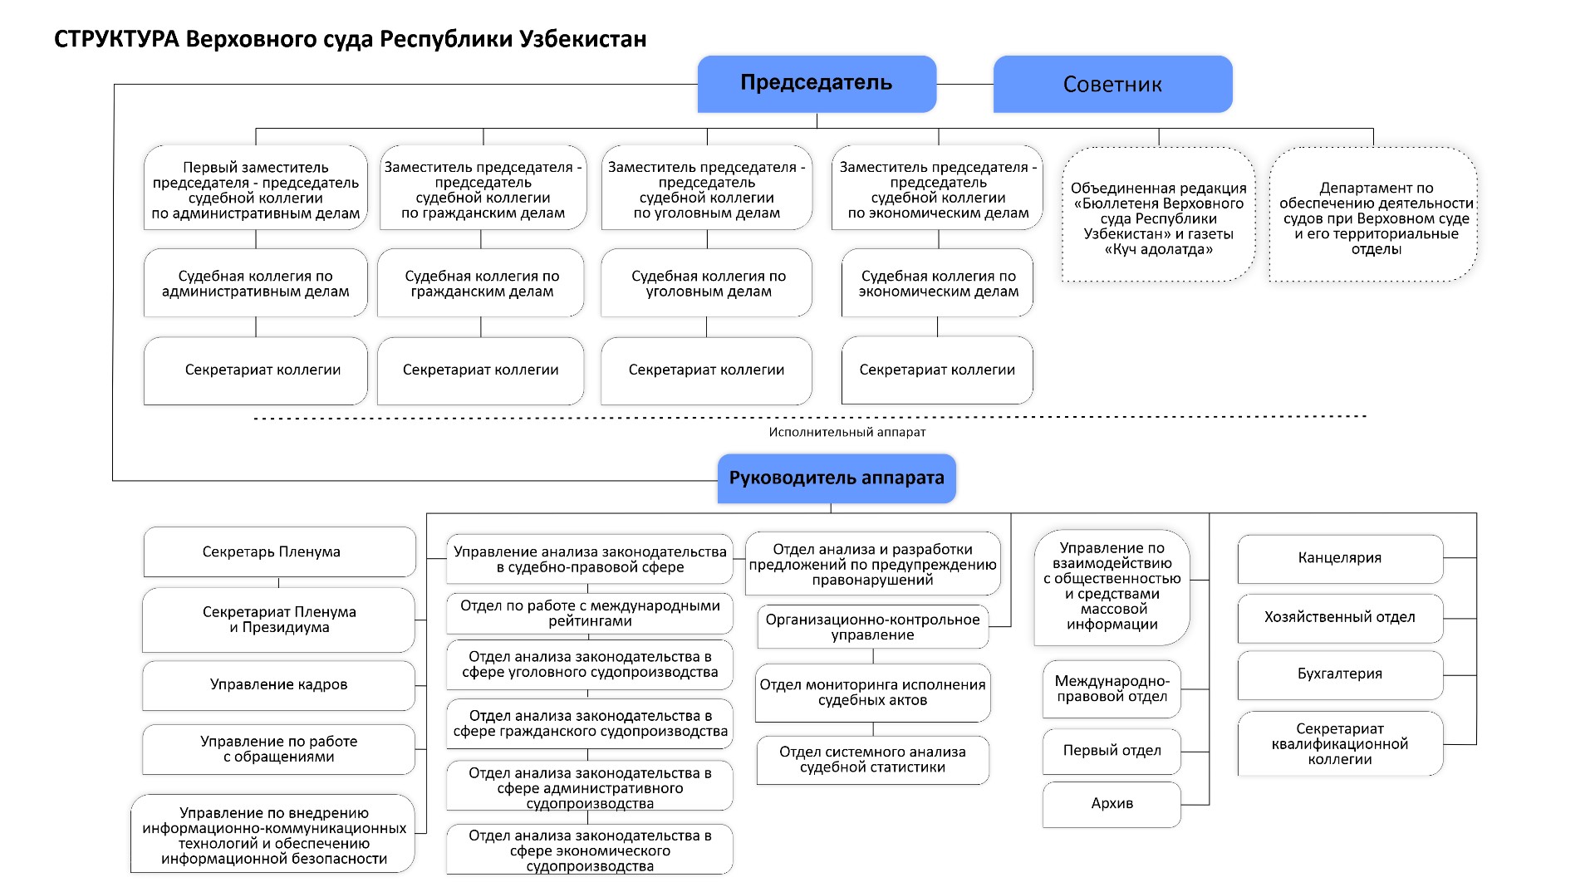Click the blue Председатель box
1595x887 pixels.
click(x=817, y=84)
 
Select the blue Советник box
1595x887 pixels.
click(x=1112, y=84)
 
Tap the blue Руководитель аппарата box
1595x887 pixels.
click(x=837, y=478)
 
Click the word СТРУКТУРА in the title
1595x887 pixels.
click(x=116, y=39)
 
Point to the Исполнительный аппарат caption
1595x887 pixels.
click(x=847, y=432)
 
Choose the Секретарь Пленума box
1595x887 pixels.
click(x=279, y=551)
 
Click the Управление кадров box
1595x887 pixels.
click(x=278, y=685)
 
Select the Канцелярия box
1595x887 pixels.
click(x=1340, y=558)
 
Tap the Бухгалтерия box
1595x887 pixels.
click(x=1340, y=674)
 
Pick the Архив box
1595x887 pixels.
click(x=1112, y=804)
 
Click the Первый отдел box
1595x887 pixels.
click(x=1112, y=751)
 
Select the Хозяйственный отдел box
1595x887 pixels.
click(x=1340, y=617)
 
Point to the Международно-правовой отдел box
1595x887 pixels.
click(x=1112, y=689)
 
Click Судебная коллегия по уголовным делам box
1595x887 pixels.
click(x=706, y=283)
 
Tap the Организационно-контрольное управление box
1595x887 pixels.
click(x=872, y=627)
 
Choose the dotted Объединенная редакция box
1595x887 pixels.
click(x=1158, y=215)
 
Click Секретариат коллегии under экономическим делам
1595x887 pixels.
click(x=937, y=370)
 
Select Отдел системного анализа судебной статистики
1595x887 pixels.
click(x=872, y=760)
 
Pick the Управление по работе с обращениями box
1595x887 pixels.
click(x=278, y=749)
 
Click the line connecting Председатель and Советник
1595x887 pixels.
click(x=964, y=84)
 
